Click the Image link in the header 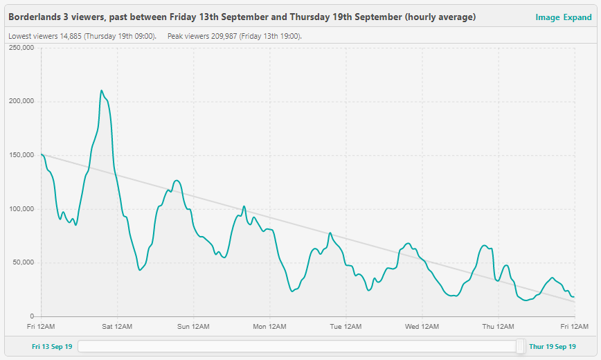pyautogui.click(x=547, y=17)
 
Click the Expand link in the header pyautogui.click(x=577, y=17)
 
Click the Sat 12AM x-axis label pyautogui.click(x=118, y=326)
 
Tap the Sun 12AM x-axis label pyautogui.click(x=193, y=326)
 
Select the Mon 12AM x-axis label pyautogui.click(x=269, y=326)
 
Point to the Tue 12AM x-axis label pyautogui.click(x=346, y=326)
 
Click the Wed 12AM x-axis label pyautogui.click(x=422, y=326)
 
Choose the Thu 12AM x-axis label pyautogui.click(x=498, y=326)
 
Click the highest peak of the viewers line pyautogui.click(x=101, y=91)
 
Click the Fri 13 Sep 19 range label pyautogui.click(x=52, y=346)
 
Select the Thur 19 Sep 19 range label pyautogui.click(x=552, y=346)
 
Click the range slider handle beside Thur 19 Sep pyautogui.click(x=521, y=346)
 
